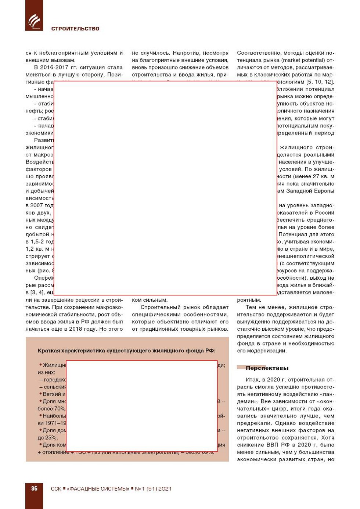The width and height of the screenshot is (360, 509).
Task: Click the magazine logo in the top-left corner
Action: pyautogui.click(x=34, y=21)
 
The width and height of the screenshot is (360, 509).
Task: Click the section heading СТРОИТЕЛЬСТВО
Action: pyautogui.click(x=75, y=29)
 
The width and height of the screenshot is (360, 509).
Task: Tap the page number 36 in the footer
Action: pyautogui.click(x=34, y=488)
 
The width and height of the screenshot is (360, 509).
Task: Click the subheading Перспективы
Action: pyautogui.click(x=267, y=368)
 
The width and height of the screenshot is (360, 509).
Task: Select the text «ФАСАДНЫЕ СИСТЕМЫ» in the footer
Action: pyautogui.click(x=98, y=489)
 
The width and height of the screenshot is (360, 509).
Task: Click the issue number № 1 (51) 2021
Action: pyautogui.click(x=153, y=489)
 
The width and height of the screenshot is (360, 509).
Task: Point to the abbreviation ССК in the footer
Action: pyautogui.click(x=56, y=489)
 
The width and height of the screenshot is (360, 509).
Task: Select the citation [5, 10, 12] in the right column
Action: pyautogui.click(x=320, y=82)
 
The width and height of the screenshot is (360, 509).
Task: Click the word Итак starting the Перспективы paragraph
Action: pyautogui.click(x=252, y=380)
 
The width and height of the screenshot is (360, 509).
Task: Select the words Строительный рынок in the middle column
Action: pyautogui.click(x=166, y=307)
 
